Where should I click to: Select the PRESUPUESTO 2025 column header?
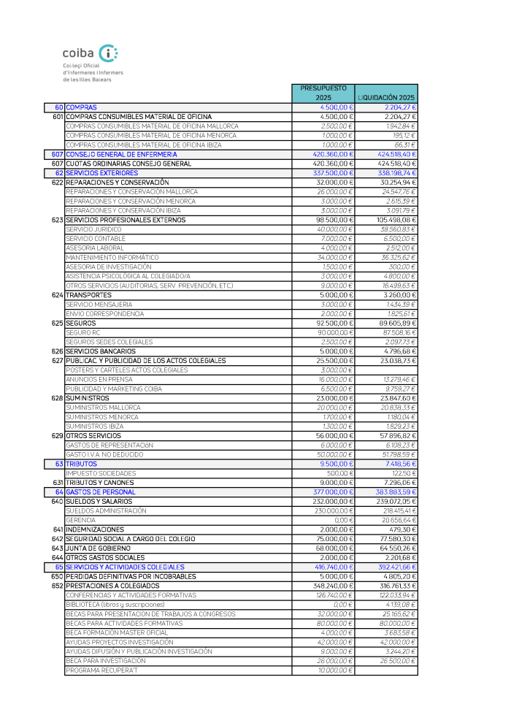[323, 93]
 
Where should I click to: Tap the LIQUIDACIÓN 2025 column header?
[386, 97]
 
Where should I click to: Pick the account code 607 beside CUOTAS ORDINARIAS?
[58, 164]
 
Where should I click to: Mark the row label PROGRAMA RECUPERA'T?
[101, 670]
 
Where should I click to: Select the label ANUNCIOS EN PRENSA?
[99, 380]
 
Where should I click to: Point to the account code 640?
[58, 501]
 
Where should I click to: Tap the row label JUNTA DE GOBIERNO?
[99, 548]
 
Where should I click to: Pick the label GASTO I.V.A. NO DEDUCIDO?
[104, 454]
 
